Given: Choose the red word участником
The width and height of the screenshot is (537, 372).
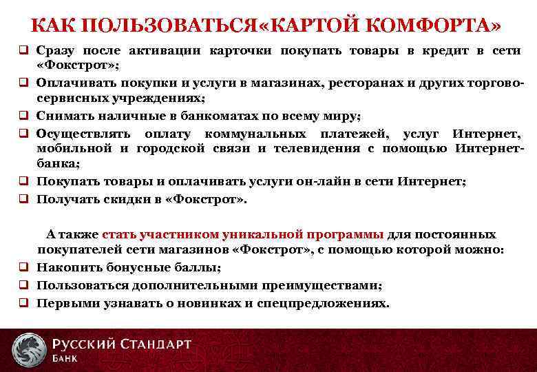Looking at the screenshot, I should tap(165, 234).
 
